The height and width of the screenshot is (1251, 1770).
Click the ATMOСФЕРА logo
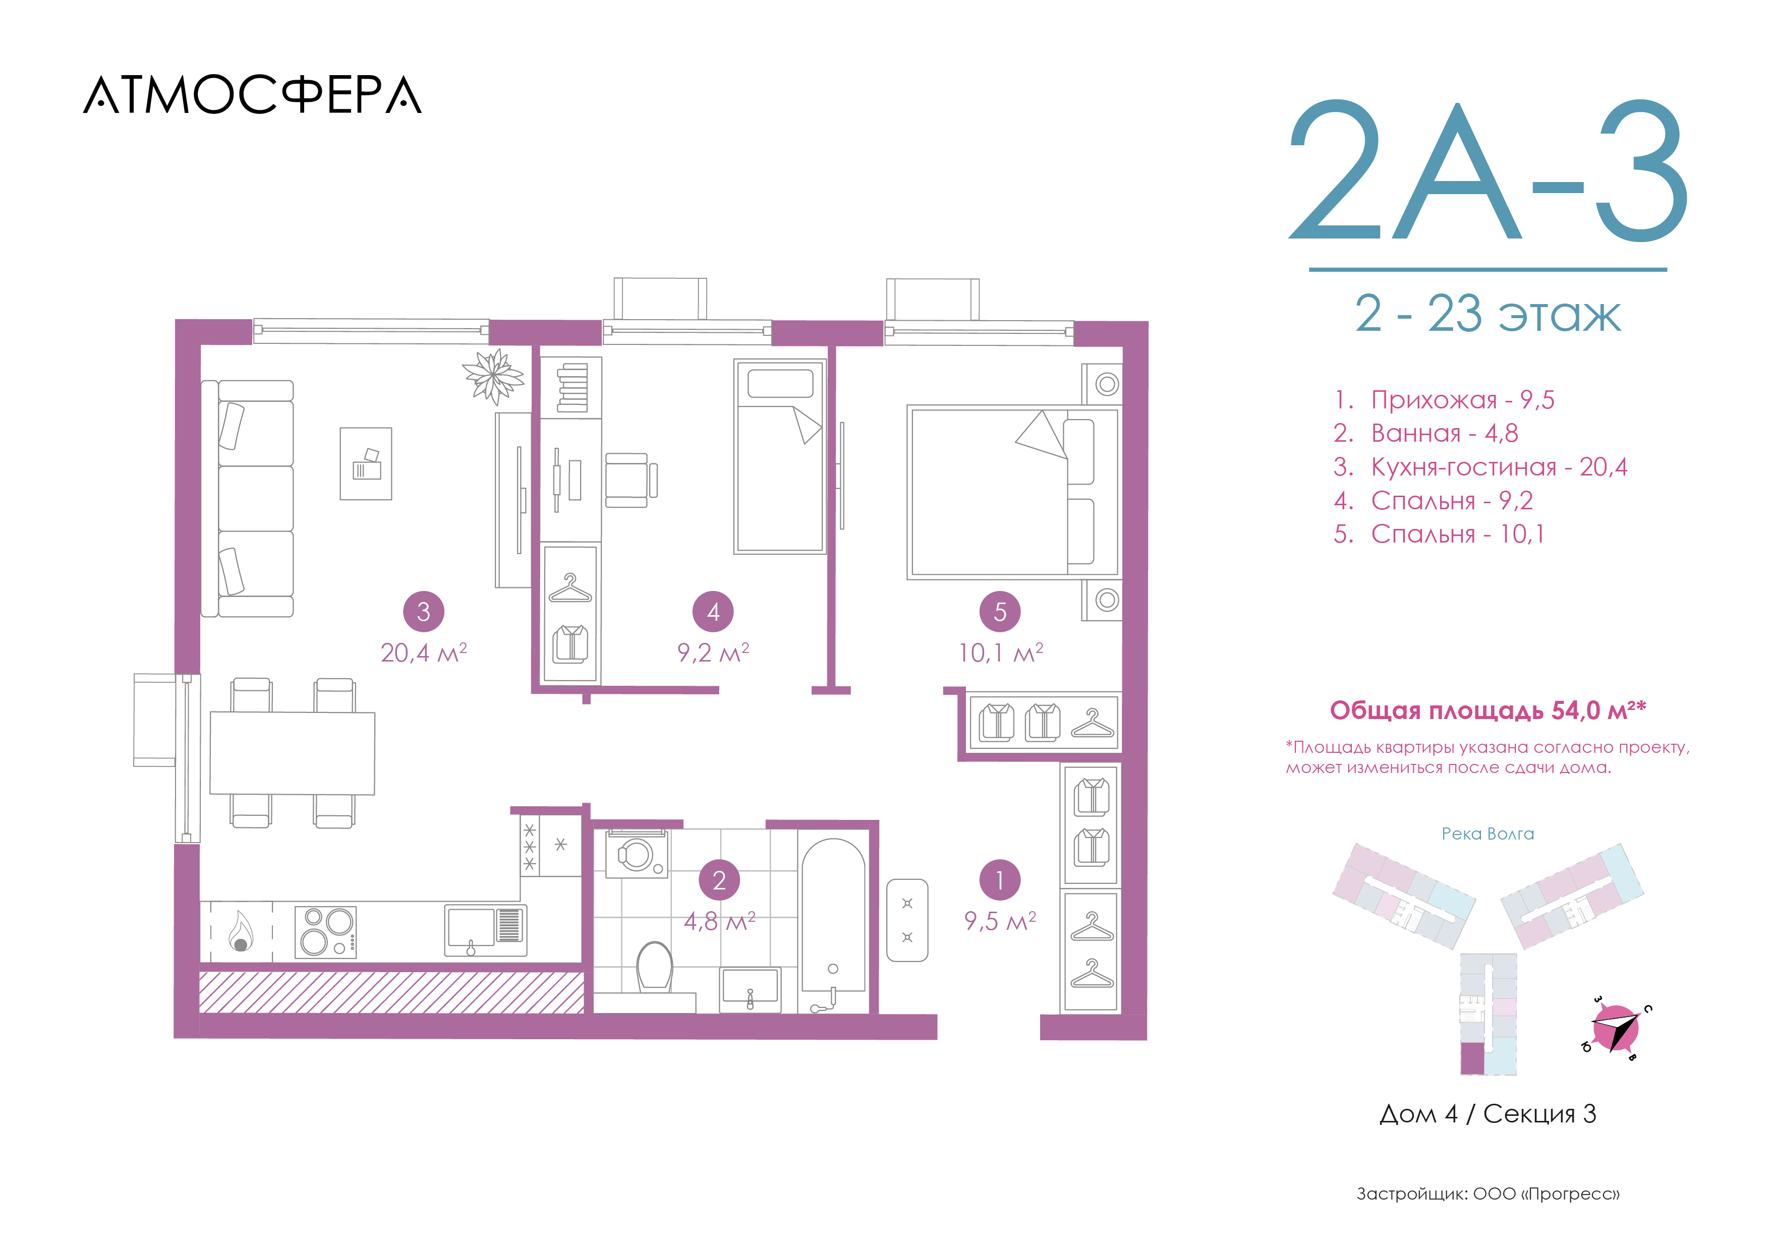click(252, 95)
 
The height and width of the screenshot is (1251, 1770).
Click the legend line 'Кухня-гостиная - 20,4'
click(1480, 467)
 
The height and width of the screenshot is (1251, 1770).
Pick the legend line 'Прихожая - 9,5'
click(1444, 400)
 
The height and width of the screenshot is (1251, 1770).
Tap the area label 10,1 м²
click(1001, 653)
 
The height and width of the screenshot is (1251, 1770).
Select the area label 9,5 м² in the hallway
click(1000, 920)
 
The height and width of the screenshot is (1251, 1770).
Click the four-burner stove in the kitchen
click(326, 932)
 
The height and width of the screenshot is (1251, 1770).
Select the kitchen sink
click(486, 930)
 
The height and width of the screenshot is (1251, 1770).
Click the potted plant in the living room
click(493, 376)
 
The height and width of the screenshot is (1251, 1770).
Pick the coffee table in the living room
click(366, 464)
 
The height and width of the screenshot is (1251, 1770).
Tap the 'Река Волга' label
click(1488, 834)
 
